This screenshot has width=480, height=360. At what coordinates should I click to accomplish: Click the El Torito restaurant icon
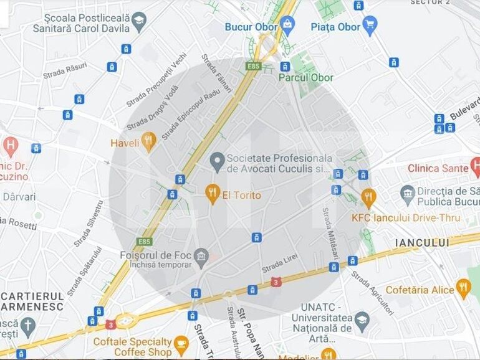click(213, 194)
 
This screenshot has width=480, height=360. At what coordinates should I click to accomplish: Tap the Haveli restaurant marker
click(148, 141)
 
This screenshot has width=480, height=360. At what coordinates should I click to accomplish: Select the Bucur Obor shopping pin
click(287, 25)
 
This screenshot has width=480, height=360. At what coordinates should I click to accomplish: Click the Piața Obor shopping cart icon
click(370, 26)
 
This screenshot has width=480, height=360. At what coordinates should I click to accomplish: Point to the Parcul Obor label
click(305, 78)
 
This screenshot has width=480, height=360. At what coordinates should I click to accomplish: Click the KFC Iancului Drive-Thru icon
click(368, 197)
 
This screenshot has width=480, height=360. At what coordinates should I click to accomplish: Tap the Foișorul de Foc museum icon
click(201, 255)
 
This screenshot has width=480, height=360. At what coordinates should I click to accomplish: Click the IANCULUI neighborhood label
click(421, 242)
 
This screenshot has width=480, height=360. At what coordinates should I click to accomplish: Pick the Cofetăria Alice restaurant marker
click(463, 288)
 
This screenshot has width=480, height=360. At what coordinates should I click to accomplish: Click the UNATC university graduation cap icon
click(362, 321)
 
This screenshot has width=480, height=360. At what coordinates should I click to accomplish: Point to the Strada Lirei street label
click(280, 263)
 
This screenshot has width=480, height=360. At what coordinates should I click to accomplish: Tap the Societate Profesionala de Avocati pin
click(217, 161)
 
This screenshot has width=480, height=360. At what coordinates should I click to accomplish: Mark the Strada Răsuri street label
click(65, 70)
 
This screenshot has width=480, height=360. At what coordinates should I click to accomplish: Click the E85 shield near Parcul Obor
click(252, 65)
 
